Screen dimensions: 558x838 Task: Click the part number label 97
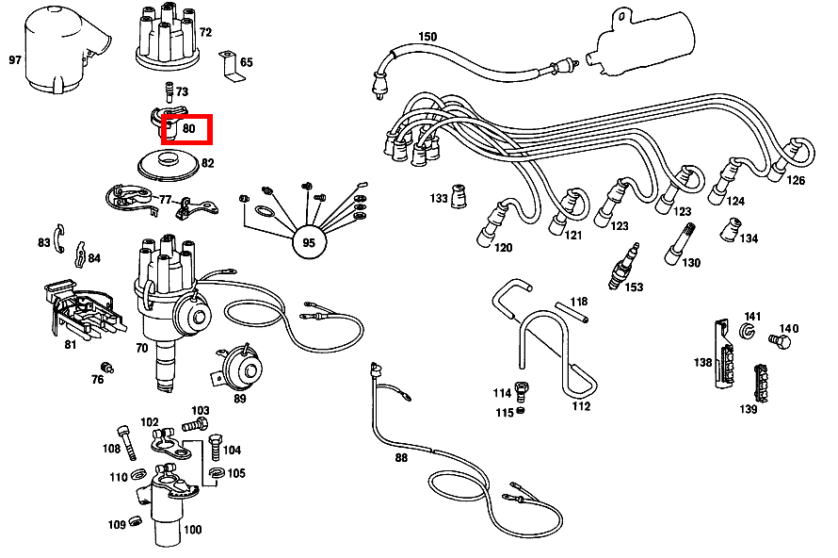pyautogui.click(x=15, y=59)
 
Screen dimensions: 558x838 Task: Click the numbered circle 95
pyautogui.click(x=309, y=242)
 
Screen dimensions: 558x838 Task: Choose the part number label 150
pyautogui.click(x=427, y=37)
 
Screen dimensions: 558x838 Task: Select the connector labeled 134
pyautogui.click(x=728, y=230)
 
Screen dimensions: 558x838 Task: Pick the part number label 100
pyautogui.click(x=192, y=530)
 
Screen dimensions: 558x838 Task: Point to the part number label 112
pyautogui.click(x=581, y=406)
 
